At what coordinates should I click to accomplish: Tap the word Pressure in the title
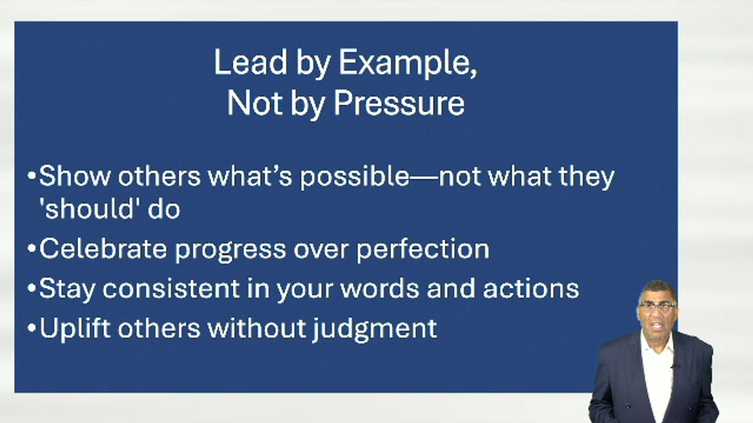(399, 103)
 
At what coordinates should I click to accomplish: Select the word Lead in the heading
(251, 62)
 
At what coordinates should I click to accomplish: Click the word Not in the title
(255, 103)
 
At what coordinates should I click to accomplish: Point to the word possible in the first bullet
(354, 177)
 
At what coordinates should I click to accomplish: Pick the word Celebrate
(103, 248)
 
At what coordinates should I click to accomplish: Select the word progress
(230, 250)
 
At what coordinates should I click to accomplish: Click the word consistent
(171, 288)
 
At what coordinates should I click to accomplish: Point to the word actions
(531, 288)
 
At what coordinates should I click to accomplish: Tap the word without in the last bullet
(256, 327)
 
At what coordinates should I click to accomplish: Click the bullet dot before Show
(32, 176)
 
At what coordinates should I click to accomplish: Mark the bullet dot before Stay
(32, 288)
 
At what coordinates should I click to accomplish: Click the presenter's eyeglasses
(657, 306)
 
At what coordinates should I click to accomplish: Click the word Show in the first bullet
(75, 176)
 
